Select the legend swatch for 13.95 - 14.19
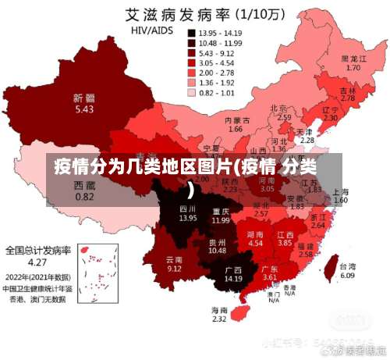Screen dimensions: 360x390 point(190,34)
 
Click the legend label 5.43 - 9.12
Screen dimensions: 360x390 point(217,53)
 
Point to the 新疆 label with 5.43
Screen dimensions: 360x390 point(84,104)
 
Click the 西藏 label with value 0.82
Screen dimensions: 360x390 point(84,191)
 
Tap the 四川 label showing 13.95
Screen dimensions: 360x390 point(188,213)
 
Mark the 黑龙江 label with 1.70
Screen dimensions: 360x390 point(353,63)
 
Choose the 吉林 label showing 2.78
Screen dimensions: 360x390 point(348,94)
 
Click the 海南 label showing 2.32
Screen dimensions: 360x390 point(219,314)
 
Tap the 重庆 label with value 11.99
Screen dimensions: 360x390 point(221,216)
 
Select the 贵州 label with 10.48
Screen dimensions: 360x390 point(217,246)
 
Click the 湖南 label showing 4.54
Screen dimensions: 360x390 point(255,239)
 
